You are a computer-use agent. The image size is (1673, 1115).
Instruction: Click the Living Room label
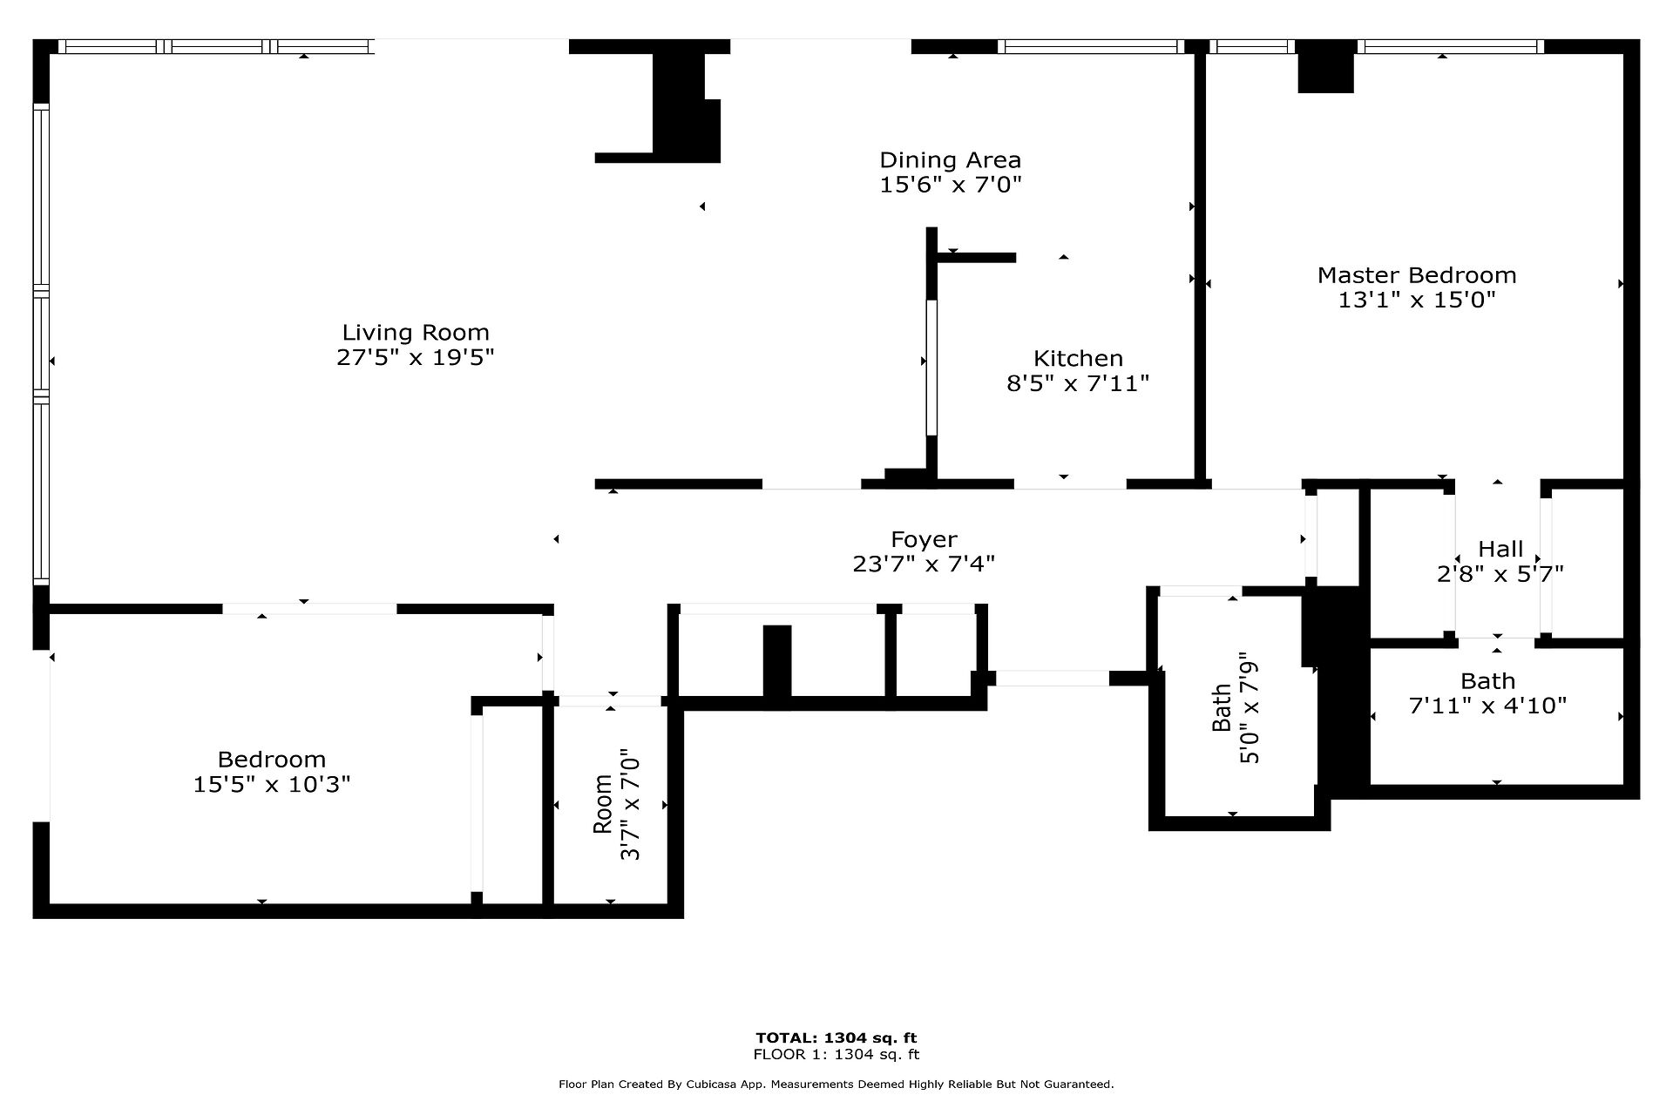(x=416, y=332)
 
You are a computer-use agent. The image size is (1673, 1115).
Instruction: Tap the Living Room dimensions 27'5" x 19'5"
(x=416, y=357)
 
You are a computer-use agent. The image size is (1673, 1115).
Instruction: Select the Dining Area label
(x=950, y=160)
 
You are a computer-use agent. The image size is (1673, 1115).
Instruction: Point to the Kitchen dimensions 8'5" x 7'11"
(x=1078, y=383)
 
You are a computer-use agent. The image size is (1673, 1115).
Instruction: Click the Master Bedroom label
(x=1417, y=275)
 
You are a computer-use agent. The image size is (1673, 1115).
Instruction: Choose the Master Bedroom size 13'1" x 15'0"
(x=1417, y=301)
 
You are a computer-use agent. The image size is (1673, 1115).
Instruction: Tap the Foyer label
(x=924, y=539)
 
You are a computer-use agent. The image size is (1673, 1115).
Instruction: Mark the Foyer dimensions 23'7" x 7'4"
(x=924, y=564)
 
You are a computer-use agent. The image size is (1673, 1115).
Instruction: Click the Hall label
(x=1500, y=549)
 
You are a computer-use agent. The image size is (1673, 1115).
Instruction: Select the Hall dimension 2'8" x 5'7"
(x=1500, y=574)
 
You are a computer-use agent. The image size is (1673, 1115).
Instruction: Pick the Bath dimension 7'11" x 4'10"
(x=1487, y=706)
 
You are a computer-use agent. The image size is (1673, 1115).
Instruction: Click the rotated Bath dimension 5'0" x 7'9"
(x=1250, y=708)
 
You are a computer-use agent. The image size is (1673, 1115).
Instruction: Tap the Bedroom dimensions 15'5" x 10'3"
(x=272, y=785)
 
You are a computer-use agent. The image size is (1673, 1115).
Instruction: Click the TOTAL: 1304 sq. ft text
(x=836, y=1037)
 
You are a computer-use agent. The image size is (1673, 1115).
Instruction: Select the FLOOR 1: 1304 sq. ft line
(x=836, y=1054)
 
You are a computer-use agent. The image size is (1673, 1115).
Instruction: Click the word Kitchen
(x=1078, y=358)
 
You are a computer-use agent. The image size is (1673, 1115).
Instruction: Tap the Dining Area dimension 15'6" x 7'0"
(x=950, y=186)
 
